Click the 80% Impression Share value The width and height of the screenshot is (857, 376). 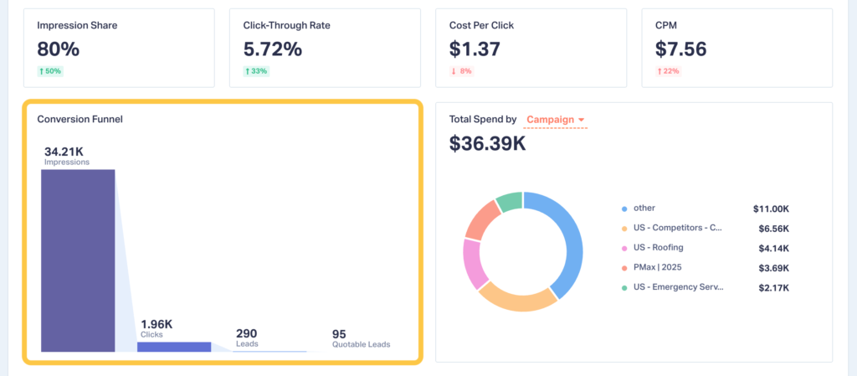tap(58, 49)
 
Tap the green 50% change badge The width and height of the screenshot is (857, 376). tap(50, 71)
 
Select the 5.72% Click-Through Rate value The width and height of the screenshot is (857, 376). tap(272, 49)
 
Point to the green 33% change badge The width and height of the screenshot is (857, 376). tap(256, 71)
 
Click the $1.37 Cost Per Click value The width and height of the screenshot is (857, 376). tap(475, 49)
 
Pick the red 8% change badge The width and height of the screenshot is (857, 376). tap(462, 71)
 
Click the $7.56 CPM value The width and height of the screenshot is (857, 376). tap(681, 49)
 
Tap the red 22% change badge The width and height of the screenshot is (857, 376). tap(668, 71)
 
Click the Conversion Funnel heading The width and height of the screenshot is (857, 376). tap(80, 119)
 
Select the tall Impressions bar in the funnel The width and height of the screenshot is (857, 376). tap(78, 260)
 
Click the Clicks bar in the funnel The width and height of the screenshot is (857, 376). tap(174, 346)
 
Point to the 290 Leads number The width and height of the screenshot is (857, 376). tap(246, 333)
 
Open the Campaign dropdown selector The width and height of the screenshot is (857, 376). tap(556, 120)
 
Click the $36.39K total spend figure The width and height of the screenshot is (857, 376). tap(487, 143)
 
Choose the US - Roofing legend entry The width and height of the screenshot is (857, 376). tap(658, 247)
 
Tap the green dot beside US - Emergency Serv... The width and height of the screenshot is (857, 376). tap(624, 288)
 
